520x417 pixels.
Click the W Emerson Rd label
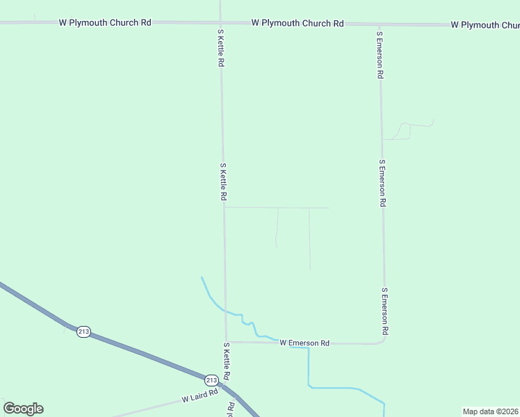point(304,343)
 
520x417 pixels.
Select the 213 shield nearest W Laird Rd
point(211,379)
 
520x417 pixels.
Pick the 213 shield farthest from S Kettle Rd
point(83,332)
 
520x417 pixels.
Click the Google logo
point(23,409)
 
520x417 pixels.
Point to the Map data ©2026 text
point(491,411)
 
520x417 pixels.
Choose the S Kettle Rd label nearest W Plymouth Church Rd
point(220,48)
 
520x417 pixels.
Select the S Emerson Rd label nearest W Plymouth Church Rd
point(380,54)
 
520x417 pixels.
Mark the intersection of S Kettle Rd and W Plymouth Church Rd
point(220,22)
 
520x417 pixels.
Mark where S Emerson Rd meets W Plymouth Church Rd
point(379,24)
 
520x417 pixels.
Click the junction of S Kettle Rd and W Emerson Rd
point(225,342)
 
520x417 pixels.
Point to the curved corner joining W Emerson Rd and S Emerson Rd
point(383,340)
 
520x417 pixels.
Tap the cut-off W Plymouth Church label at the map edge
point(485,25)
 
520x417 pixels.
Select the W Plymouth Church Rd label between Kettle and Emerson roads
point(298,23)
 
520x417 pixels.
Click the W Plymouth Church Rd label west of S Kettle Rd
point(105,22)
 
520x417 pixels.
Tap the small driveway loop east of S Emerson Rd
point(403,131)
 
